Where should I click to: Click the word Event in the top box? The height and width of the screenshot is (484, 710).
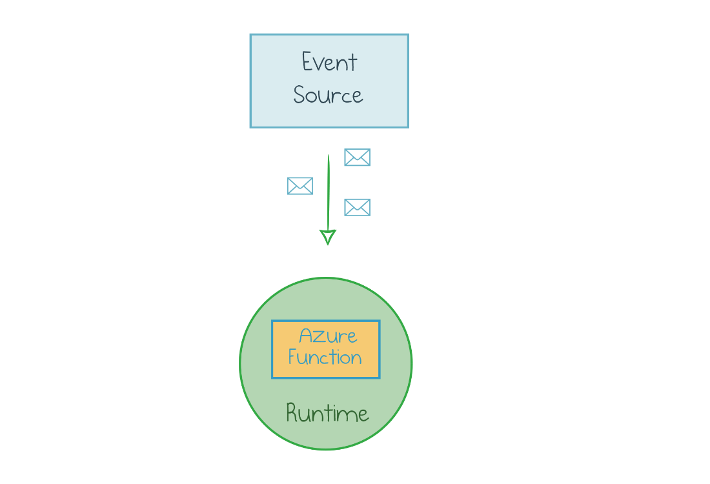329,63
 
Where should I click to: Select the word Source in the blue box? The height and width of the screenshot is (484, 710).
328,96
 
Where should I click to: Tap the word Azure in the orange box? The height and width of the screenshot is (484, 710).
328,336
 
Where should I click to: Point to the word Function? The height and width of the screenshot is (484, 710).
325,358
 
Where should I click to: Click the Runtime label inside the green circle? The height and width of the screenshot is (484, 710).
327,413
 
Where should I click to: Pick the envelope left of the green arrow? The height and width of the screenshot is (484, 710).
300,186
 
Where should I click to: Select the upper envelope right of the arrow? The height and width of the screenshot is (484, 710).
357,157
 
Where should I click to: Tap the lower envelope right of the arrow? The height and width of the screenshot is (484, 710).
357,207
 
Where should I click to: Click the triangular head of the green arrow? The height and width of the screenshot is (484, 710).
328,237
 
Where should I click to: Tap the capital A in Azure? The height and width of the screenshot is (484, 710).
307,336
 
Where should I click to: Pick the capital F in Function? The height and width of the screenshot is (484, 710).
293,358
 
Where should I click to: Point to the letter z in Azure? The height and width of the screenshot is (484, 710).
321,338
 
